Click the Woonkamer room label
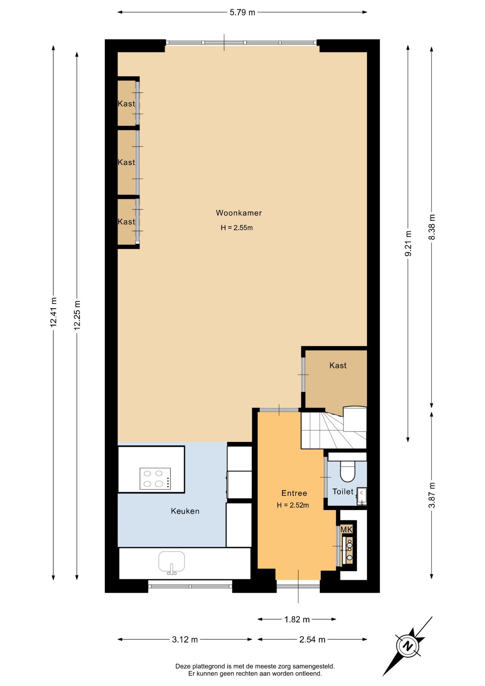click(239, 213)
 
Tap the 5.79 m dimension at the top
click(242, 13)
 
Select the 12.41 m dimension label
click(53, 312)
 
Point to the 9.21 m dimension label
click(408, 243)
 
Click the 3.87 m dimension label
click(431, 495)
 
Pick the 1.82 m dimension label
click(297, 619)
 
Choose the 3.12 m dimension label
click(185, 639)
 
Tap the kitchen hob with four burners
click(155, 478)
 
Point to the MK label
click(346, 530)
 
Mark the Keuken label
click(185, 511)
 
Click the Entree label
click(294, 493)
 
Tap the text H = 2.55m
click(236, 228)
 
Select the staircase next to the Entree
click(334, 429)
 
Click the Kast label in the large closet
click(338, 365)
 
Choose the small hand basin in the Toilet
click(362, 496)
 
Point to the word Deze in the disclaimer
click(183, 666)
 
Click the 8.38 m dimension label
click(431, 227)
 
